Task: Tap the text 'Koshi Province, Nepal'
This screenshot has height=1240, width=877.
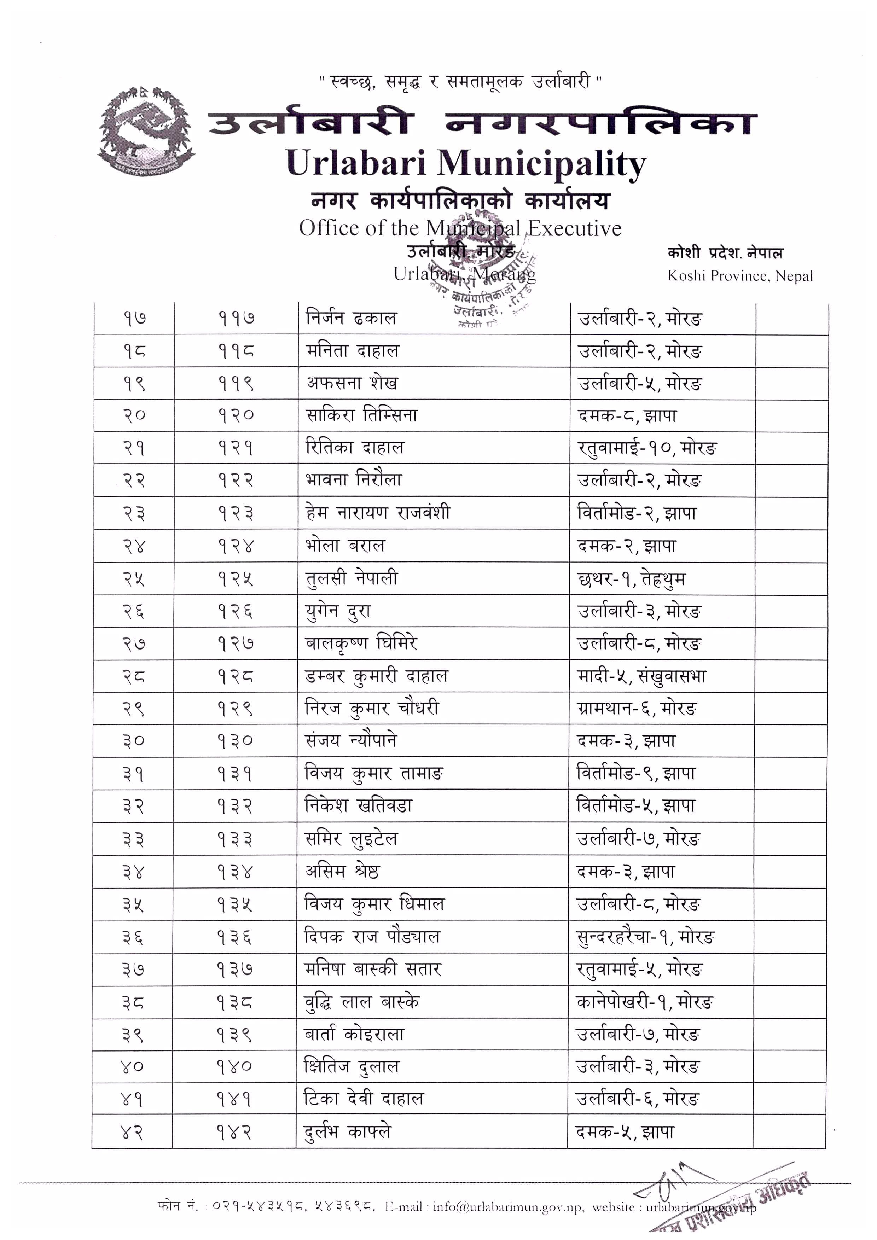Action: pos(740,276)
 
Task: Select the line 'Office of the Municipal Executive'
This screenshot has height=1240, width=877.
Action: pos(460,228)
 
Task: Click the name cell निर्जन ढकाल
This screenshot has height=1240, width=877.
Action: pos(352,318)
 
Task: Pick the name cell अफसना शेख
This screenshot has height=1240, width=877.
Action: pos(352,383)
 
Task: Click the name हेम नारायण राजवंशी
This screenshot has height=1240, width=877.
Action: pos(377,513)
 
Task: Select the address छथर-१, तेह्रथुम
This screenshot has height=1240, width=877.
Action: pos(631,579)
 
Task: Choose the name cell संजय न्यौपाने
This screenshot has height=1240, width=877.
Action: pos(351,740)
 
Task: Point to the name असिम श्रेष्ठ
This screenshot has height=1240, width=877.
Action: pos(342,872)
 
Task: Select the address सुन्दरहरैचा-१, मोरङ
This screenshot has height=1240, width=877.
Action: pos(645,937)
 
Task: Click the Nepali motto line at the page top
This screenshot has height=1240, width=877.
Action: pos(460,82)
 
